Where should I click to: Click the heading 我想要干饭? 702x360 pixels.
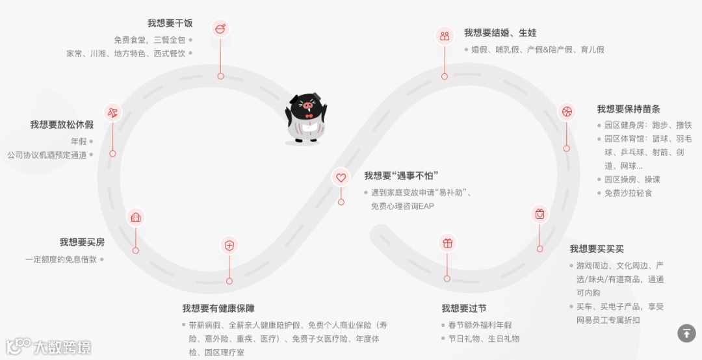[170, 23]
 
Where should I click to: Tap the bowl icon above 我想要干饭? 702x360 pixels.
[220, 29]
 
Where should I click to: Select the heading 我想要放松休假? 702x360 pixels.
[62, 125]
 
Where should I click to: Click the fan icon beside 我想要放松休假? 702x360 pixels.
[112, 112]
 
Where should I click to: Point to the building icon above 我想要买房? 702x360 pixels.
[135, 216]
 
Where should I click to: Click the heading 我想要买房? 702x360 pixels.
[82, 242]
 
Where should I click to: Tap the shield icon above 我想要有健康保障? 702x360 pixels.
[229, 245]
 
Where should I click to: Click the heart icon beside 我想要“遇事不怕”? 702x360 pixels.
[341, 177]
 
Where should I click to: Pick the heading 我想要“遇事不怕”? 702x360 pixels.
[401, 175]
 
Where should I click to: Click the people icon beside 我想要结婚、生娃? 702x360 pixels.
[445, 36]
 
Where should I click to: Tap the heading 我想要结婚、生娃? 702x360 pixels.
[500, 32]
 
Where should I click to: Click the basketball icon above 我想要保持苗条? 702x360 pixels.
[566, 112]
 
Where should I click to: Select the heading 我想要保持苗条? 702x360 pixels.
[629, 109]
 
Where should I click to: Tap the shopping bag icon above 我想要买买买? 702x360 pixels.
[539, 214]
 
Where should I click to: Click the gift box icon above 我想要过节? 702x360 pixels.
[447, 243]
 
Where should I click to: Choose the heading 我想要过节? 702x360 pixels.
[463, 308]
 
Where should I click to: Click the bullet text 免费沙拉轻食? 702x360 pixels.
[628, 193]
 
